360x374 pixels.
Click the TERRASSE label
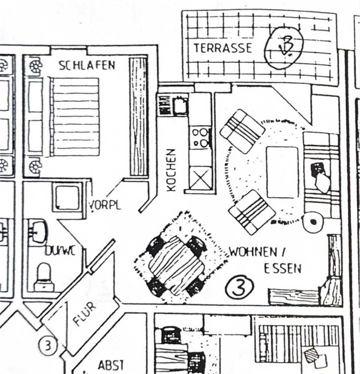[223, 48]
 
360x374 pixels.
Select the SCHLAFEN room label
[87, 65]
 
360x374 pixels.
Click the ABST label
[111, 366]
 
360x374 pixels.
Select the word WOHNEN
[253, 252]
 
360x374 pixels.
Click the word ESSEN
[283, 269]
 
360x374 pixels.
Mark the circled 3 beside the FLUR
[48, 345]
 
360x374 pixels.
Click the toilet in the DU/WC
[44, 277]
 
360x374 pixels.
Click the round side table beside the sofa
[314, 221]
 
